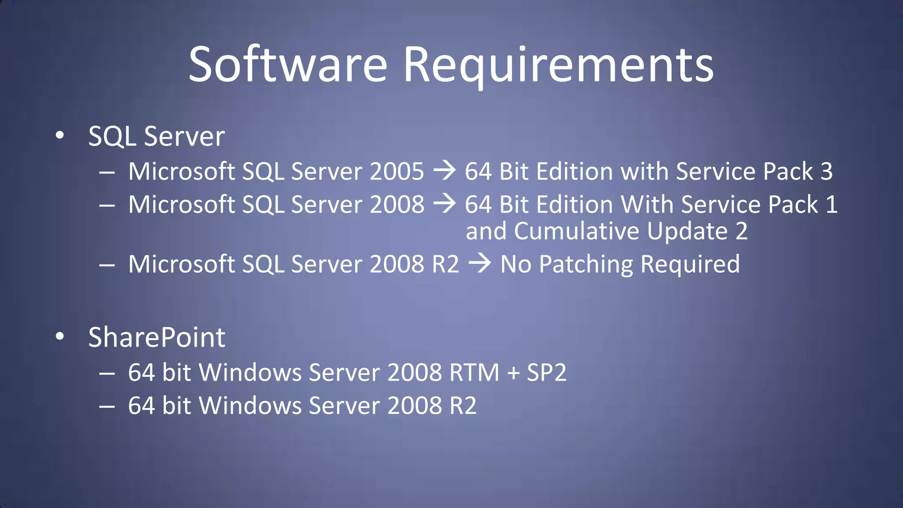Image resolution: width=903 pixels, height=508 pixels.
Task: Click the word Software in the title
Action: coord(287,65)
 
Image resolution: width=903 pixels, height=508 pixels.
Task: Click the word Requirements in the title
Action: coord(558,65)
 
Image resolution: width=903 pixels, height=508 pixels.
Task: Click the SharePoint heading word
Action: coord(157,337)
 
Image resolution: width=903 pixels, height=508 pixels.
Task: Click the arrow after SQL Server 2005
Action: coord(444,171)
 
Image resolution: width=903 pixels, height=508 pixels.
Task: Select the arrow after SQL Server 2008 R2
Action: coord(479,263)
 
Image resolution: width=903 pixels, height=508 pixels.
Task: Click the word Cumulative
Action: coord(576,231)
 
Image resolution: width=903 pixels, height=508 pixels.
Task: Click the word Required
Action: coord(690,264)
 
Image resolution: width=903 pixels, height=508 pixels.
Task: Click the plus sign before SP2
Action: coord(513,373)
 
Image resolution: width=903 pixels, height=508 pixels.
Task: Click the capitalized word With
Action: coord(647,205)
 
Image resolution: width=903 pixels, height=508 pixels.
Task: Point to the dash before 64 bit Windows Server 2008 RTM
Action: coord(107,374)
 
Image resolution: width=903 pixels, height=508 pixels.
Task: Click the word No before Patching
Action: coord(515,264)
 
